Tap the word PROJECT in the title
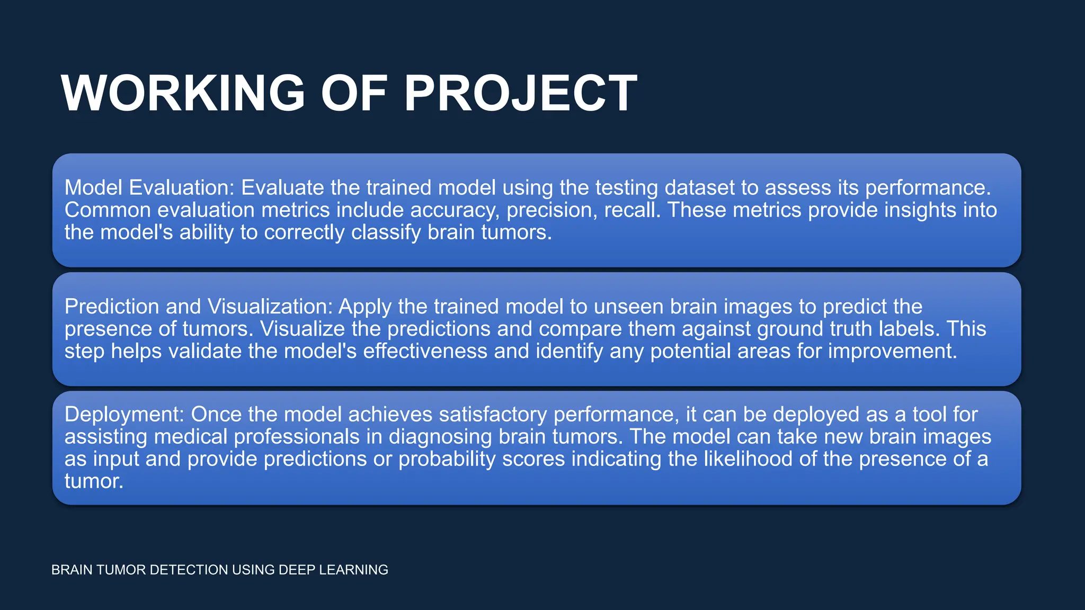click(x=521, y=93)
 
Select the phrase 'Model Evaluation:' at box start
click(x=149, y=188)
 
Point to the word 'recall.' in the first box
click(x=633, y=210)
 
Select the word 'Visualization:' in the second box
click(x=270, y=307)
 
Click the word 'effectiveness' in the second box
click(x=425, y=351)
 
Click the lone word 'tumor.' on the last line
click(x=94, y=481)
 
